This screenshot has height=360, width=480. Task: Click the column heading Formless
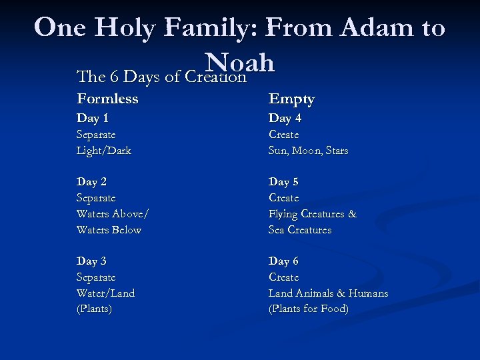pos(107,99)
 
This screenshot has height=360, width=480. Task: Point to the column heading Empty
pos(291,99)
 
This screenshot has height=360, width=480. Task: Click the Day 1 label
pos(93,119)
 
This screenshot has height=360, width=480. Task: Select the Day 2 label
pos(92,182)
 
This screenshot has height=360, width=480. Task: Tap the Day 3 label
pos(92,261)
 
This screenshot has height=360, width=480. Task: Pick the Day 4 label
pos(285,119)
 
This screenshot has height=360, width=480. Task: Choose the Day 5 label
pos(284,182)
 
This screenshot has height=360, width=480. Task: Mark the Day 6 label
pos(284,261)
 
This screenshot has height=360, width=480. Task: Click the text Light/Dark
pos(104,151)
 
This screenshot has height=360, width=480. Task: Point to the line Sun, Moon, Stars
pos(308,151)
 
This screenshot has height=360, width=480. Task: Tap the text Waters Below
pos(109,230)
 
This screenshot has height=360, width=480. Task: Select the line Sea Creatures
pos(300,230)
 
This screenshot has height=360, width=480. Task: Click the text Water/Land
pos(105,293)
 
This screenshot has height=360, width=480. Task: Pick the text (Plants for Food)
pos(308,309)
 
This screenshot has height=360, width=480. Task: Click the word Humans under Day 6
pos(367,293)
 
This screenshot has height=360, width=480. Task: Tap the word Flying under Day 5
pos(285,214)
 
